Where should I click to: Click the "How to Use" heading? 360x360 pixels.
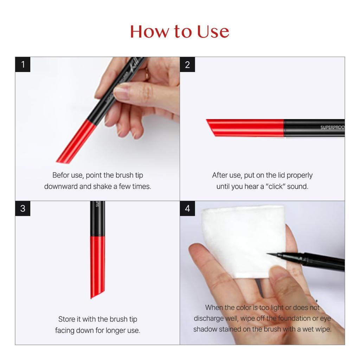click(180, 31)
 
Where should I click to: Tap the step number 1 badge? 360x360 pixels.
click(23, 65)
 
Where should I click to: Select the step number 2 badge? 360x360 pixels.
click(187, 65)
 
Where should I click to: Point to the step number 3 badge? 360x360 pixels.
click(23, 208)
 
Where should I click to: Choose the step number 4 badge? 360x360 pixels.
click(187, 208)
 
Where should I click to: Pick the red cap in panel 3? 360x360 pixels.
click(97, 265)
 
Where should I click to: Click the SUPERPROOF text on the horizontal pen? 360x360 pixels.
click(332, 127)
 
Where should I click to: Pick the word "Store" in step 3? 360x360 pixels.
click(67, 319)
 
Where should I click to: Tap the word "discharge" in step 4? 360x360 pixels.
click(209, 319)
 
